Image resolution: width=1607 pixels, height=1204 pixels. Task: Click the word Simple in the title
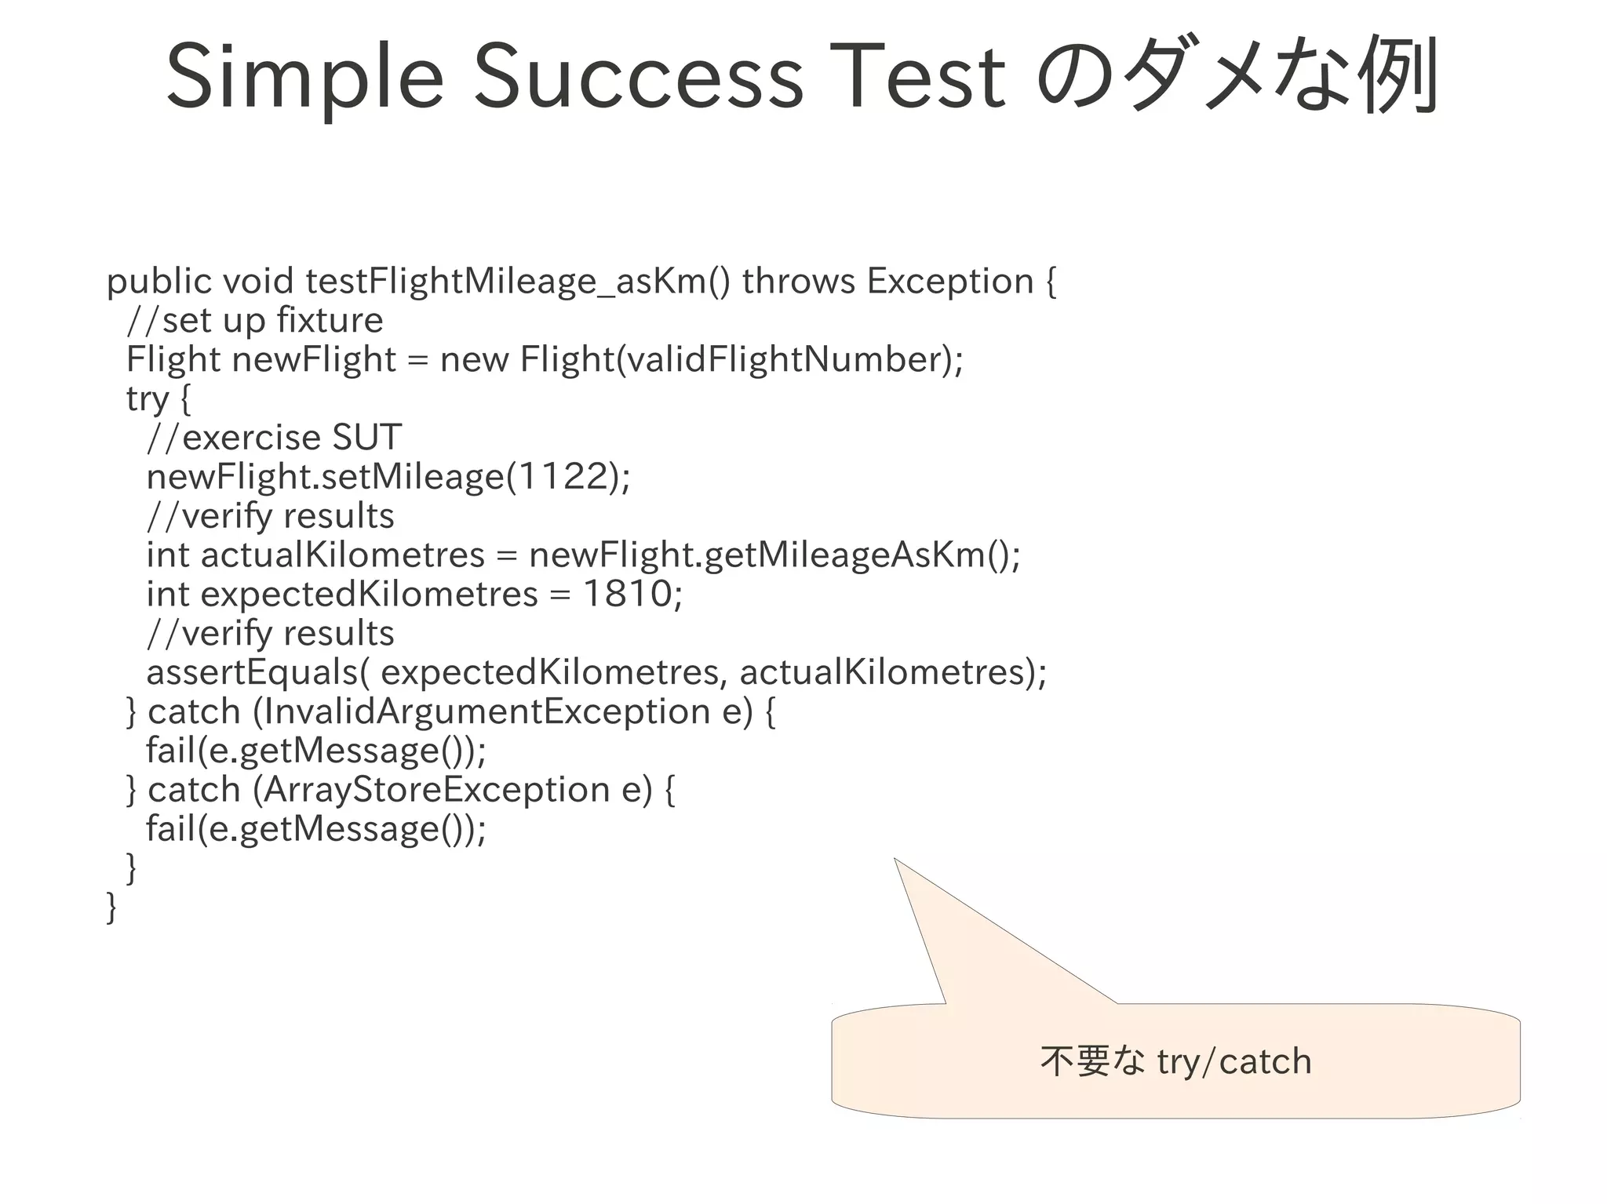pyautogui.click(x=304, y=77)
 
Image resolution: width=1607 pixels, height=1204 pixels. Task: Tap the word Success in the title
pyautogui.click(x=637, y=77)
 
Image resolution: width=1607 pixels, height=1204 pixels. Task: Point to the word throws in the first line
pyautogui.click(x=798, y=281)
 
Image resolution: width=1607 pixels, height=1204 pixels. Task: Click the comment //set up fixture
pyautogui.click(x=255, y=320)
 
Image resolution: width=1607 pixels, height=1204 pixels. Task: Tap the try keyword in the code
pyautogui.click(x=148, y=398)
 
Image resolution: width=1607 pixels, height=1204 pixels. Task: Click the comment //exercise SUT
pyautogui.click(x=275, y=438)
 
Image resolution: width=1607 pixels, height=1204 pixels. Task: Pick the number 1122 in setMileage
pyautogui.click(x=563, y=476)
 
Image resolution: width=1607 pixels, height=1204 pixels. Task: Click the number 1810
pyautogui.click(x=628, y=594)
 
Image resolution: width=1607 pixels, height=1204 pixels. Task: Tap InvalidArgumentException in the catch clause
pyautogui.click(x=486, y=711)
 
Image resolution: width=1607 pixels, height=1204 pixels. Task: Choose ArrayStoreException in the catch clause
pyautogui.click(x=436, y=789)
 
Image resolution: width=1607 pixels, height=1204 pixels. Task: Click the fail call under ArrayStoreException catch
pyautogui.click(x=315, y=828)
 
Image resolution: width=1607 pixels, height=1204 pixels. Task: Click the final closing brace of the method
pyautogui.click(x=111, y=907)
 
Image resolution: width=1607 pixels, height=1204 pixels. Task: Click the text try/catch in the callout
pyautogui.click(x=1234, y=1061)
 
